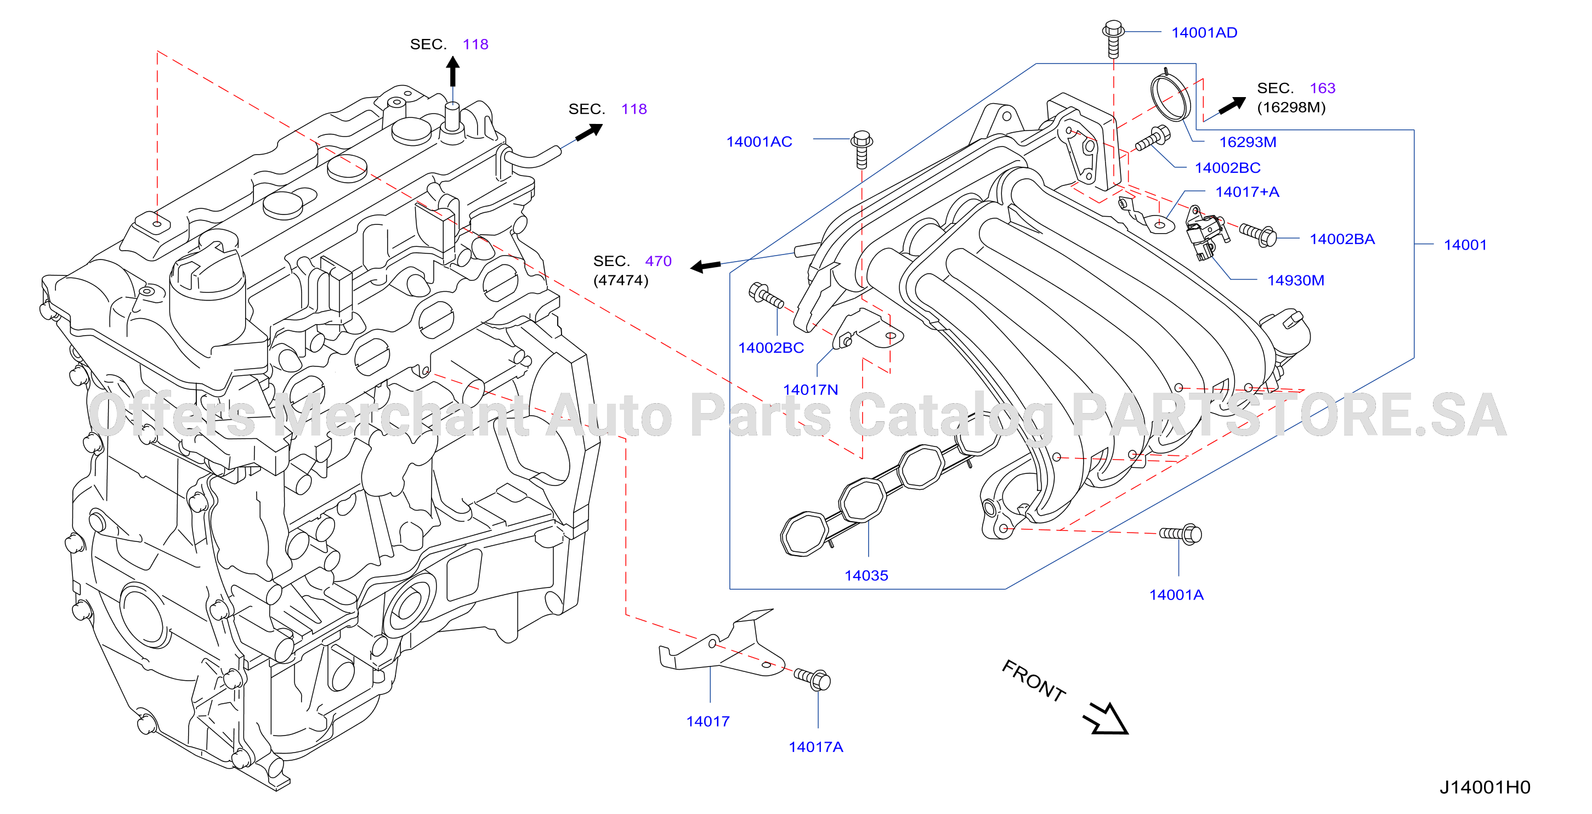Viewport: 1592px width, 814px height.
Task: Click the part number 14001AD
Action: point(1204,33)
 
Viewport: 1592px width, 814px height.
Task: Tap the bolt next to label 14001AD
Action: point(1113,39)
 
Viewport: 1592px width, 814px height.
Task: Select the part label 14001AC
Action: point(759,142)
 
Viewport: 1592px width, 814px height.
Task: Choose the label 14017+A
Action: point(1247,192)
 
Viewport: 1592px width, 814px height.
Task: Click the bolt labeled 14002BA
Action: point(1257,234)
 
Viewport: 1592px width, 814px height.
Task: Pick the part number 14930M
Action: point(1295,281)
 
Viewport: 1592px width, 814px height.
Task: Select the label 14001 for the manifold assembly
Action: point(1465,245)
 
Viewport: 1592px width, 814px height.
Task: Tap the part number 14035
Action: point(866,576)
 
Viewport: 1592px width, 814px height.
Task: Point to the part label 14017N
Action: point(810,390)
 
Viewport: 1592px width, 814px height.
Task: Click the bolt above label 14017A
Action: point(812,679)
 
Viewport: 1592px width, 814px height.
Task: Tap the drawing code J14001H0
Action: point(1485,788)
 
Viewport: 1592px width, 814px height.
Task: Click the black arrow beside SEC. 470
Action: point(705,267)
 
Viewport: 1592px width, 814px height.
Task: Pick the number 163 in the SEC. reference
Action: point(1323,88)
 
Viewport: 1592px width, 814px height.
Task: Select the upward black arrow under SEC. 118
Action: point(453,71)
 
